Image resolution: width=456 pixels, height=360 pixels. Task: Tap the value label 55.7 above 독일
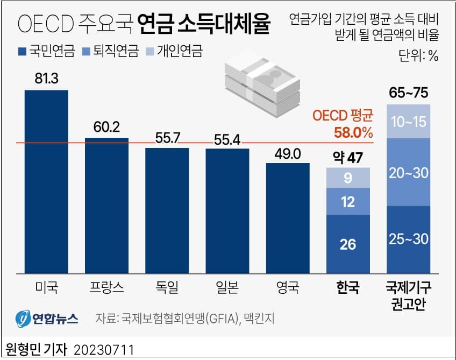(167, 138)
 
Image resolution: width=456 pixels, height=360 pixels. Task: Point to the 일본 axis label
(227, 287)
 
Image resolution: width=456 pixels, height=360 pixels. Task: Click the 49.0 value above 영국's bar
(287, 153)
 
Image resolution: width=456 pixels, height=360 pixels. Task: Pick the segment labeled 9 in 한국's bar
(348, 178)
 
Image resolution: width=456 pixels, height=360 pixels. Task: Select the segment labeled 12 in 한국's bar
(348, 201)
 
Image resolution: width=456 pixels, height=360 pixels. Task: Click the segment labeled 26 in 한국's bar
(348, 244)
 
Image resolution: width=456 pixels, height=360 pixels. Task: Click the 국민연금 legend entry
(40, 52)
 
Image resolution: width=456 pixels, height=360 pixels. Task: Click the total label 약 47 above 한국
(347, 158)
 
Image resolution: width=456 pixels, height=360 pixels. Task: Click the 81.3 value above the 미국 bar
(46, 79)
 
